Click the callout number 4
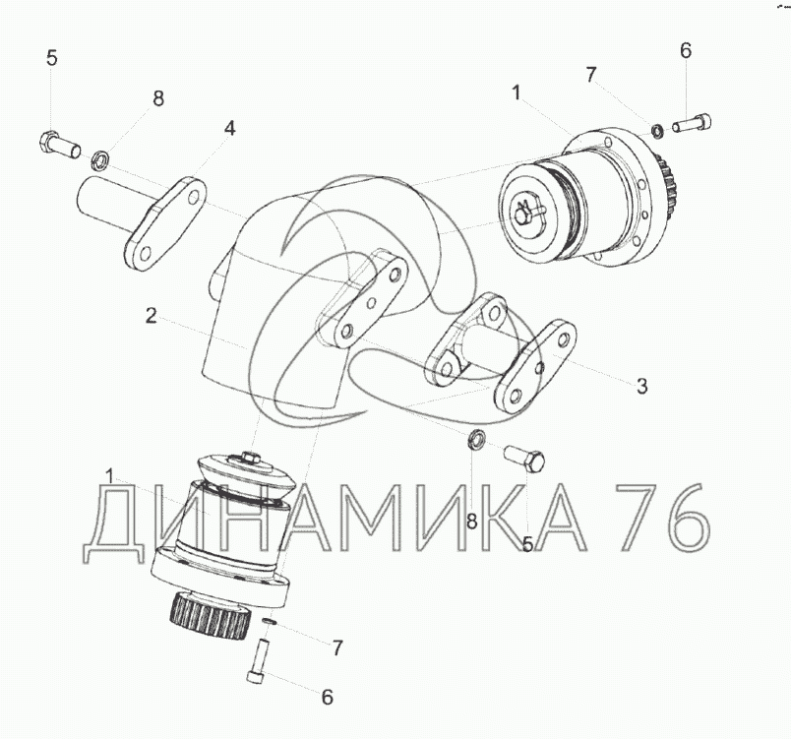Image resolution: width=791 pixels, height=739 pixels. [x=229, y=129]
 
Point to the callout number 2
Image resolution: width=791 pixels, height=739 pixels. [x=152, y=316]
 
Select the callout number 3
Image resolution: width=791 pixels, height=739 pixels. [x=641, y=387]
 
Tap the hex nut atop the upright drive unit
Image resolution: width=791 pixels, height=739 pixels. [x=249, y=457]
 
